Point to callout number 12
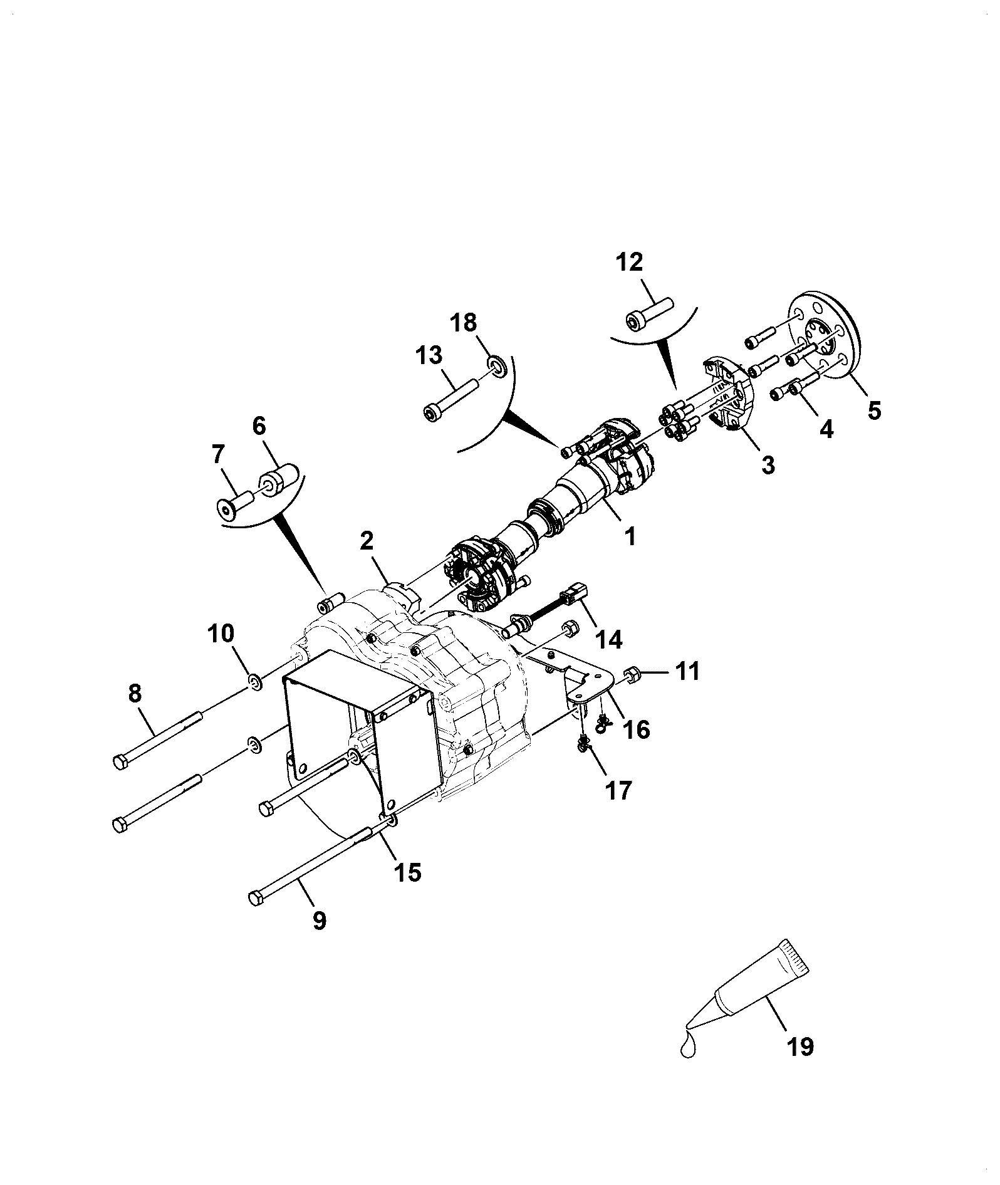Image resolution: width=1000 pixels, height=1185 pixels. click(629, 262)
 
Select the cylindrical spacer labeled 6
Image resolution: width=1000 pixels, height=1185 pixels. click(278, 479)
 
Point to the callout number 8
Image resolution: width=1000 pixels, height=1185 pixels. click(135, 693)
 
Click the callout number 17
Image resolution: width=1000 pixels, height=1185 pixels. click(618, 790)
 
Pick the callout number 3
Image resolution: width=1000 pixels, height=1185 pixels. click(767, 464)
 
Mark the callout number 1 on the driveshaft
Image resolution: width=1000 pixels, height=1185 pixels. click(629, 536)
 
